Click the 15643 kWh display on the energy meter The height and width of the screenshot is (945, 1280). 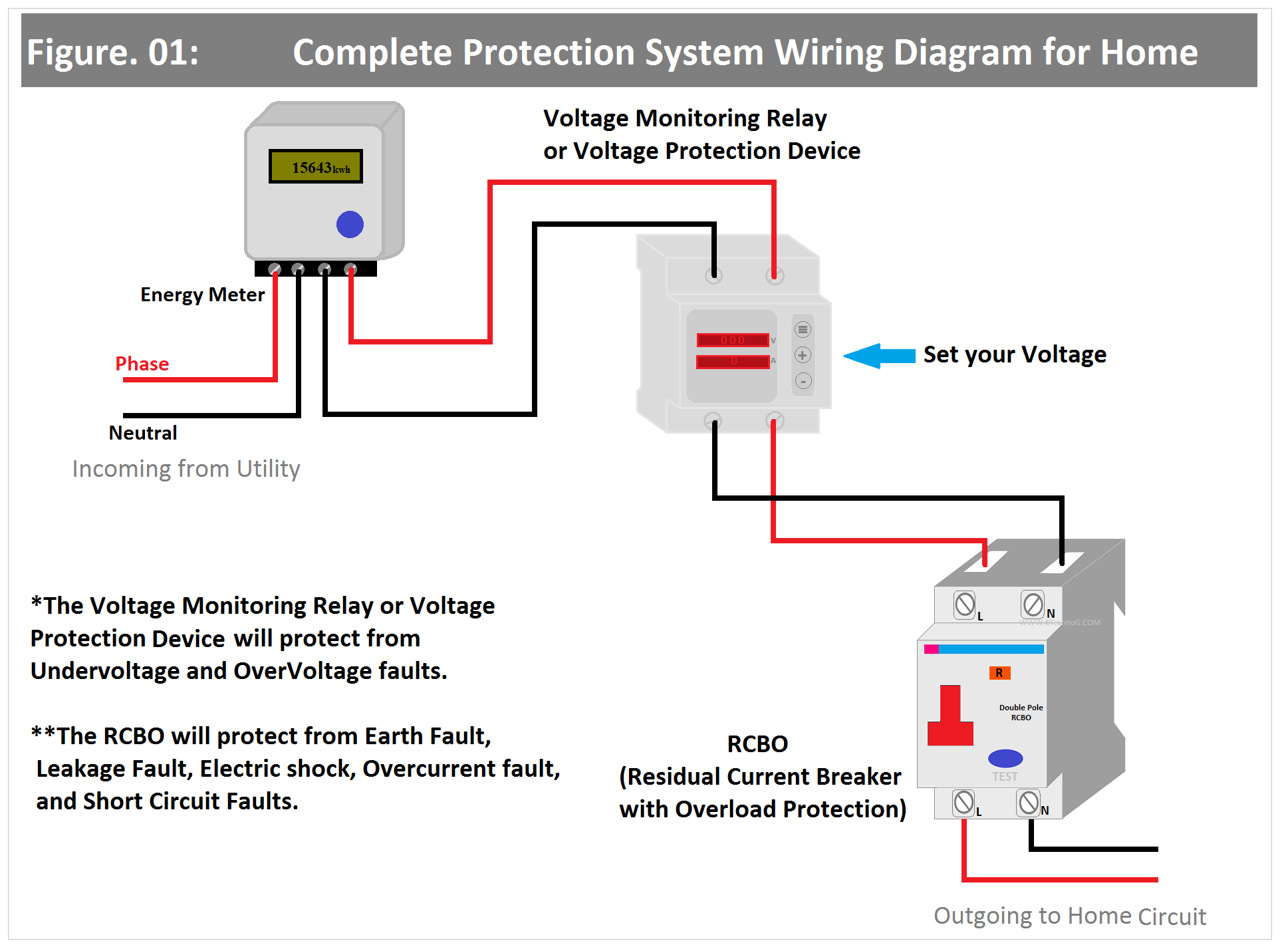point(316,166)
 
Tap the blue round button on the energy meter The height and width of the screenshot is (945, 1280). point(350,224)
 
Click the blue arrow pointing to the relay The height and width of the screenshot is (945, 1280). point(880,356)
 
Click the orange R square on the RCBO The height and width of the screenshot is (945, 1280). point(999,673)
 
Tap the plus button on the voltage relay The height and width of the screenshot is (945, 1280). point(803,355)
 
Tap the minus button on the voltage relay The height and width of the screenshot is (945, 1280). point(803,381)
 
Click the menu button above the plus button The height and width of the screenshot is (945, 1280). point(803,329)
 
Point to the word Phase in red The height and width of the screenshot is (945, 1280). point(142,364)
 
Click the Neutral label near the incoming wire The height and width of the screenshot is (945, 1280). point(143,433)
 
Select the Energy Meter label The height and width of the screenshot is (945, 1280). point(202,295)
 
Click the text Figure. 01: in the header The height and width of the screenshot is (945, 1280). point(112,53)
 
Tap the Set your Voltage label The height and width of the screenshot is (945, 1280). point(1015,354)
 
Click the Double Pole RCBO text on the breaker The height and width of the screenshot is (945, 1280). point(1021,712)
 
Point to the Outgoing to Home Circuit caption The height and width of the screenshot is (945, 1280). point(1069,916)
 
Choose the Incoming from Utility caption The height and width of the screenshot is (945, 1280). point(186,469)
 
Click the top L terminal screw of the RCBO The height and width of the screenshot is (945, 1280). point(965,605)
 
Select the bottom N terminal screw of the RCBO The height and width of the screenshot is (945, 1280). point(1029,802)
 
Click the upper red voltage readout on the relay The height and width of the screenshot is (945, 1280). point(733,340)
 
